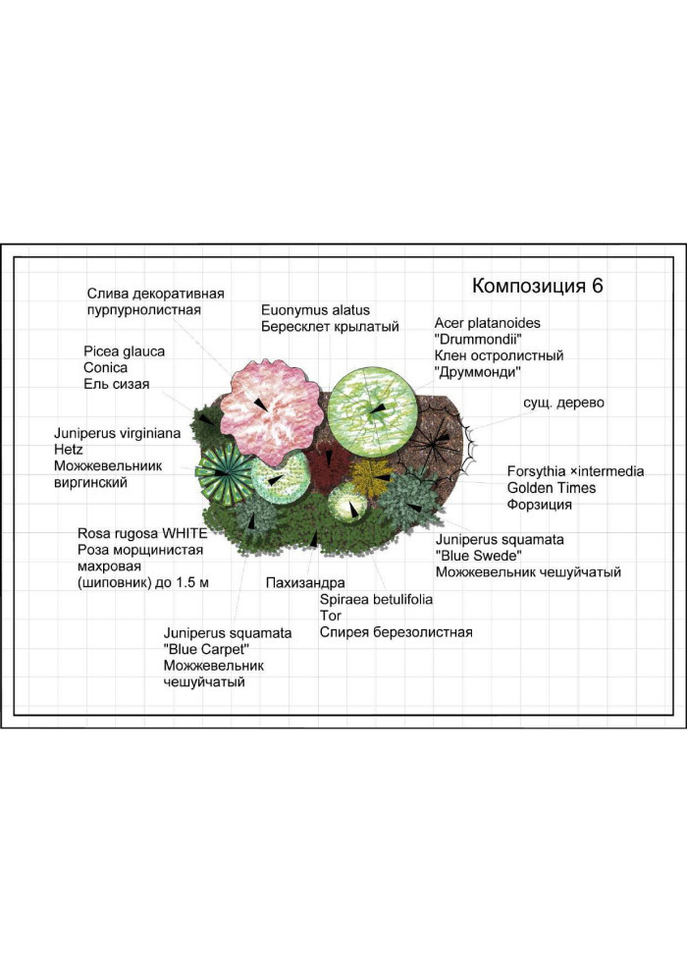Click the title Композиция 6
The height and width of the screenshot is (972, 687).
coord(537,286)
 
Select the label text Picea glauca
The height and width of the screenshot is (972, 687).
coord(125,351)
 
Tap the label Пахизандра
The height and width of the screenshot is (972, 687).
coord(305,582)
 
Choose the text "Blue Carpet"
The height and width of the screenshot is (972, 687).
coord(206,650)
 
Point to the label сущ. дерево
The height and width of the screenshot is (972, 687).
coord(563,404)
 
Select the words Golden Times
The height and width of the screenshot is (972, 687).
coord(552,488)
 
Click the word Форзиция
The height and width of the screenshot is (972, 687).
coord(540,505)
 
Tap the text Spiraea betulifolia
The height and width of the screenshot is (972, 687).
coord(376,600)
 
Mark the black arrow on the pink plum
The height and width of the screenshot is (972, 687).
coord(259,405)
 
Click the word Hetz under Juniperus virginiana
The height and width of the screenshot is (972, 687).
coord(68,450)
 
